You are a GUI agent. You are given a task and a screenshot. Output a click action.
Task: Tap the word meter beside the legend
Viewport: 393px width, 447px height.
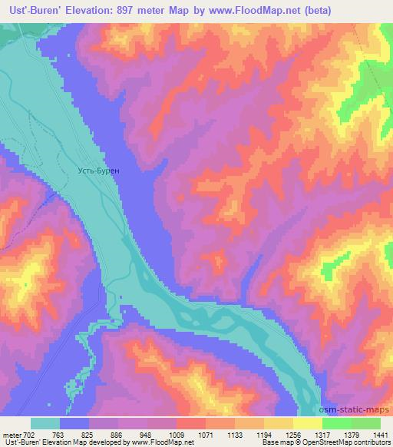coord(12,435)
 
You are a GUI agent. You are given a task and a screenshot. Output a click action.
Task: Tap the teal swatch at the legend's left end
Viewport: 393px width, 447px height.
coord(45,423)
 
